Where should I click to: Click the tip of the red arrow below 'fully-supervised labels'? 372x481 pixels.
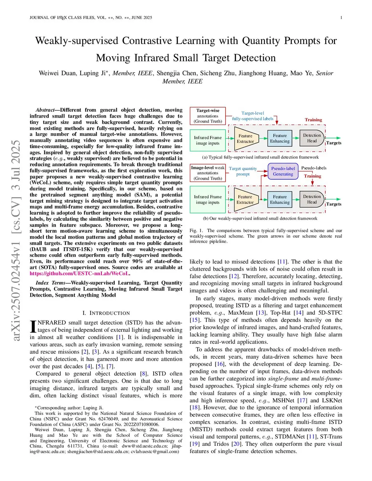277,125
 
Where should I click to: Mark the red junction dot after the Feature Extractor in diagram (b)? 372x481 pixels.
261,199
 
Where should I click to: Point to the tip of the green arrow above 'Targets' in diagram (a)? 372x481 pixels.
340,138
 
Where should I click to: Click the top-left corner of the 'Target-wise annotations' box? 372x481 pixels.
190,107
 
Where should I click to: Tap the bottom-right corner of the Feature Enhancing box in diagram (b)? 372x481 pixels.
292,207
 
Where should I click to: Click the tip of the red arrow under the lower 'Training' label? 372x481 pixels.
312,185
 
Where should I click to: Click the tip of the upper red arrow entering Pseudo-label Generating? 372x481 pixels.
268,171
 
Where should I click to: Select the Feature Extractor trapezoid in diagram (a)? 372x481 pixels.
246,139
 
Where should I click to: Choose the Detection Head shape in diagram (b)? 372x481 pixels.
312,199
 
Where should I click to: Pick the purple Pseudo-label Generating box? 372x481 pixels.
283,171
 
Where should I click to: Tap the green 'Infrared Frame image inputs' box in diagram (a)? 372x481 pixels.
208,140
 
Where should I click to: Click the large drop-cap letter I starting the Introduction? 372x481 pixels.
33,326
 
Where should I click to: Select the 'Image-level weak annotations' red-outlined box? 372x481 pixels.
208,173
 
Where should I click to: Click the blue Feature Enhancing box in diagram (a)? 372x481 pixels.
280,138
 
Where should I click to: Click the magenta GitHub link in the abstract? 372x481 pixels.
79,273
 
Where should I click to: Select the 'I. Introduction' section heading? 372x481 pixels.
106,313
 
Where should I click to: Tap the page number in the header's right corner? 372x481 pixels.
341,18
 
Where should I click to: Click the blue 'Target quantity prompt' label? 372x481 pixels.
243,171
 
